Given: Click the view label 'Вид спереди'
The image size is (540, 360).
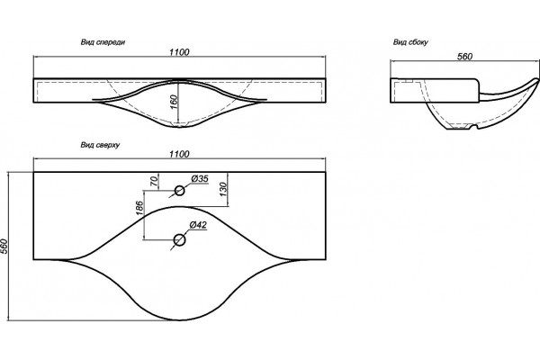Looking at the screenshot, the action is [x=103, y=42].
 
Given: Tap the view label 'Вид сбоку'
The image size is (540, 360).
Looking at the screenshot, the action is [x=410, y=42].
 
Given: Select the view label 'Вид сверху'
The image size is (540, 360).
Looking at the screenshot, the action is [x=100, y=145].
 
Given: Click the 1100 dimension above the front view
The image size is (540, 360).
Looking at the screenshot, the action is [x=179, y=52].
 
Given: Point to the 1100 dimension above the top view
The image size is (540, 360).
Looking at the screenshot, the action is [x=179, y=154].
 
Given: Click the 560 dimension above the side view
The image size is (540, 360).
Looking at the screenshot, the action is [x=464, y=57].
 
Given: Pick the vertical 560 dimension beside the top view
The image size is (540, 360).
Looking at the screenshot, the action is [x=4, y=246].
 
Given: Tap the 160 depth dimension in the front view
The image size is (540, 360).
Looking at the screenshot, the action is [x=174, y=103].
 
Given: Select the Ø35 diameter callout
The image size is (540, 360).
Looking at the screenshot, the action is [x=200, y=179].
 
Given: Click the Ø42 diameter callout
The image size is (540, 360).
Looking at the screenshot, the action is [x=198, y=225].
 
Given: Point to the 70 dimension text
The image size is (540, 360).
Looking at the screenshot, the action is [x=155, y=181].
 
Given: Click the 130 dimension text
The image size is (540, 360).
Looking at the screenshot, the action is [x=223, y=190].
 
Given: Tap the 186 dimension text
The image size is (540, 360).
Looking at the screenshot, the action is [x=139, y=208].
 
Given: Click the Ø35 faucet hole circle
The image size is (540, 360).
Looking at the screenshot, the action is [x=179, y=191].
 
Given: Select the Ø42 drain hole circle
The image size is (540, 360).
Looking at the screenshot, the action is [x=179, y=239].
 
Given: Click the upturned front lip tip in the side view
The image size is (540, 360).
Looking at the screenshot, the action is [x=536, y=80].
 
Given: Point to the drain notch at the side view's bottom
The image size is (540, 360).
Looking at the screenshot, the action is [x=472, y=128].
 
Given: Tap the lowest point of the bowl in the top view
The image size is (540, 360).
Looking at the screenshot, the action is [x=179, y=320].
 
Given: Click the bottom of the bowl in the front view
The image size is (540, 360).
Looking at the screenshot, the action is [x=179, y=127].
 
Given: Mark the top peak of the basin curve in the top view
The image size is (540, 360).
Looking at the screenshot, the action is [x=179, y=207].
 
